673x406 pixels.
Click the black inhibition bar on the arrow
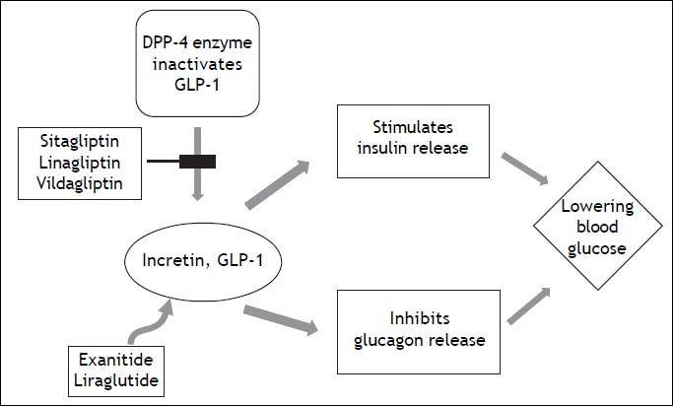pyautogui.click(x=197, y=162)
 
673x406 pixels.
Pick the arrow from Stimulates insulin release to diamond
pyautogui.click(x=521, y=168)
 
